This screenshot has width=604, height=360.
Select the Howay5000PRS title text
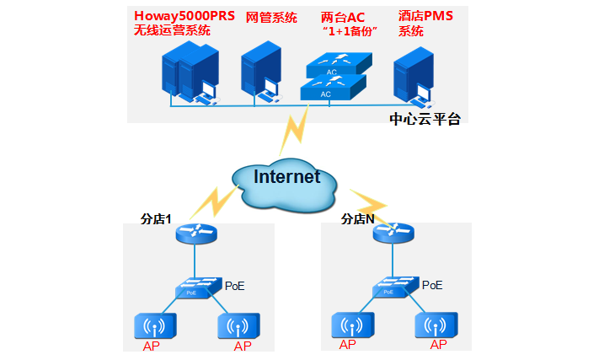point(184,16)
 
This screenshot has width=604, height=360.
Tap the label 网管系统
point(271,17)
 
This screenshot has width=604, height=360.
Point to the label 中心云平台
point(425,119)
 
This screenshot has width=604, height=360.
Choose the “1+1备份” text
point(349,31)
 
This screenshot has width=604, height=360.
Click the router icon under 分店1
point(196,232)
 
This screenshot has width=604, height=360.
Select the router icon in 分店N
point(393,232)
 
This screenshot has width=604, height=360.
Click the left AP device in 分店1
point(155,326)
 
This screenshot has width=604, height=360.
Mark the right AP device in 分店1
point(239,326)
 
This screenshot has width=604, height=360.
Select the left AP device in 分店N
point(352,325)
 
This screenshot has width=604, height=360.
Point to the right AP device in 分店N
point(436,325)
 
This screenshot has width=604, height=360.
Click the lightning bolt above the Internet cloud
point(297,130)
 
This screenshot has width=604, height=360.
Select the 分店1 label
point(155,218)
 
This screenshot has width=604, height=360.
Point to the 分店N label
point(357,218)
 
